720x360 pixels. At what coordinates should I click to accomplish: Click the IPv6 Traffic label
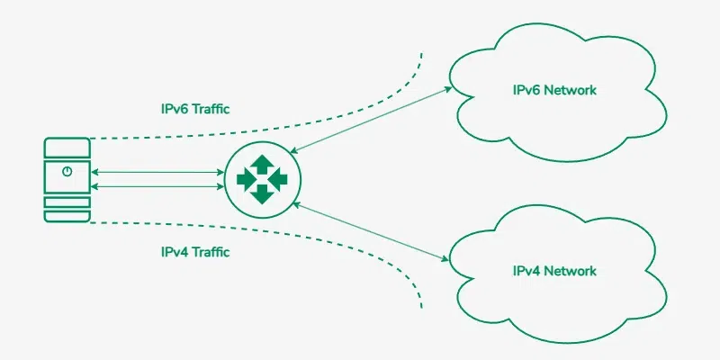[x=189, y=109]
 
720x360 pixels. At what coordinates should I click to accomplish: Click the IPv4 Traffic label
[x=189, y=252]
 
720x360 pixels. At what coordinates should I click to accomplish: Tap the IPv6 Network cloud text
[x=554, y=90]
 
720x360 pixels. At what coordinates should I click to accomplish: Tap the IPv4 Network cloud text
[x=554, y=270]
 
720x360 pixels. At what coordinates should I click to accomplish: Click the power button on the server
[x=67, y=171]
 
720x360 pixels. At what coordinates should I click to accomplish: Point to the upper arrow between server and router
[x=157, y=171]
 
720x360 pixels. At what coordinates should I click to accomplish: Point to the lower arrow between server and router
[x=157, y=186]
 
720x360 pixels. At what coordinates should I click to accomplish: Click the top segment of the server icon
[x=67, y=147]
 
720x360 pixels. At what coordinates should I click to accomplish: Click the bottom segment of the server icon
[x=67, y=215]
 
